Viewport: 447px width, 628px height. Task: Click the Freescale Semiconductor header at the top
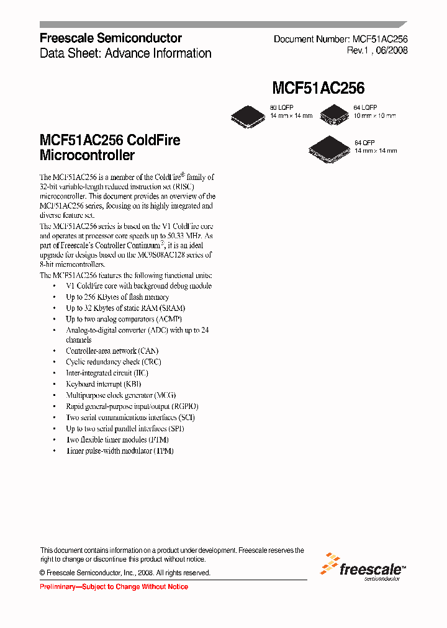111,38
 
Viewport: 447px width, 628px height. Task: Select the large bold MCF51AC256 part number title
318,88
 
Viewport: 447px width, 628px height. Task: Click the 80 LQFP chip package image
248,114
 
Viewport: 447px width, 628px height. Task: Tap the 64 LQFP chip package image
336,113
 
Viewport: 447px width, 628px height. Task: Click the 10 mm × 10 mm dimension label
375,116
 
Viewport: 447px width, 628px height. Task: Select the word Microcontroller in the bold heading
87,155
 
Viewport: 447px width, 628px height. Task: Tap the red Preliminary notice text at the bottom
114,586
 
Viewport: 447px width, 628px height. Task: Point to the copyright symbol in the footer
43,573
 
